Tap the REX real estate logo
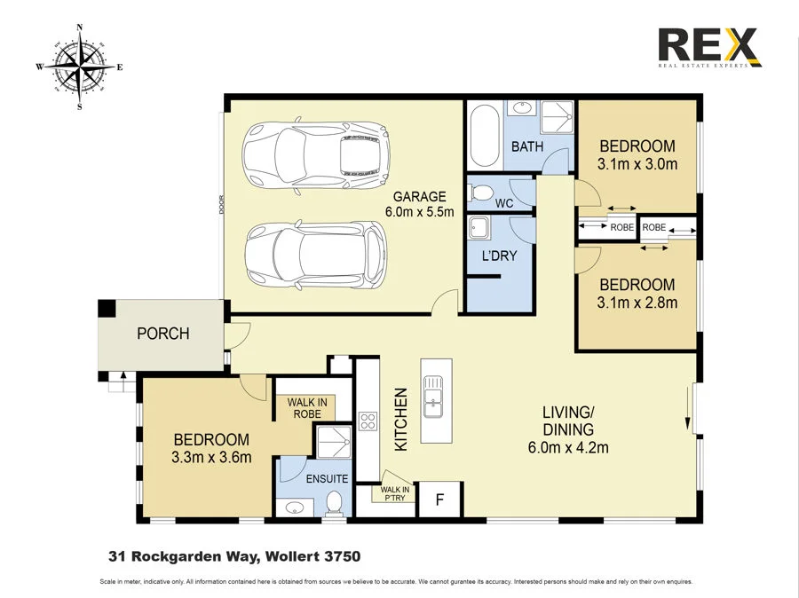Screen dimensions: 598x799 click(708, 47)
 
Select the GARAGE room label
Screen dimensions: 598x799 click(419, 197)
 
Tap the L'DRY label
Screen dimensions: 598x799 click(498, 256)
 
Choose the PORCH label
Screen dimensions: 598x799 click(162, 334)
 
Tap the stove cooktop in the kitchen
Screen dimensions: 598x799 click(368, 421)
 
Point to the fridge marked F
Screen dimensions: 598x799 click(439, 500)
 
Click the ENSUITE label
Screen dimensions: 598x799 click(328, 478)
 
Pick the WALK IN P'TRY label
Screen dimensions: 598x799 click(394, 493)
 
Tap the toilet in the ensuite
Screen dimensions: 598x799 click(336, 503)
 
